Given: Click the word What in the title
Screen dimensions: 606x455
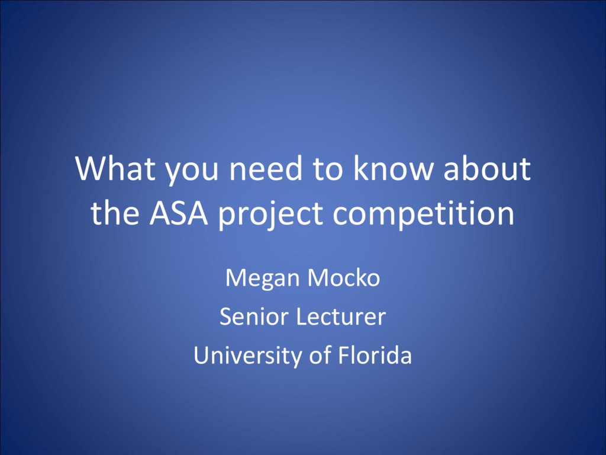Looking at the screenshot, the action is [x=115, y=168].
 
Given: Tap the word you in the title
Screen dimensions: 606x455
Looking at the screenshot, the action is [x=192, y=172].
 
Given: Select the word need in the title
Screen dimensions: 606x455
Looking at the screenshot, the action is [x=266, y=168].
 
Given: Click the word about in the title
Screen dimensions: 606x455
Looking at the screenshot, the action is [x=487, y=168].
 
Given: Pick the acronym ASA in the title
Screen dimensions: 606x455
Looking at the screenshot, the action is [x=179, y=213].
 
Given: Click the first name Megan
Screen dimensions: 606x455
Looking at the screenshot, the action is [x=262, y=279].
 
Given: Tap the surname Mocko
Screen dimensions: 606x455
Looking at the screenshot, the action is [x=344, y=278].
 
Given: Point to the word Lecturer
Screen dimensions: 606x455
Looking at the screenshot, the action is [x=341, y=316].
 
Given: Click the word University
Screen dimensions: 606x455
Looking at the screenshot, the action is [x=247, y=356].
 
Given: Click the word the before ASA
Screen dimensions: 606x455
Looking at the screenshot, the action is [x=115, y=213].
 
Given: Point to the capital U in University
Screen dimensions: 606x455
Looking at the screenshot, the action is [x=201, y=355].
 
